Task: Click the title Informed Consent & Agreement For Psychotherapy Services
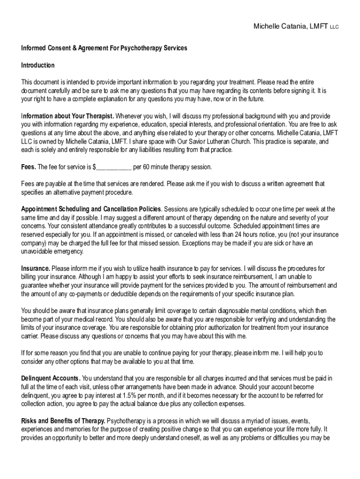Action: tap(104, 48)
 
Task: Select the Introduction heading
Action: tap(38, 65)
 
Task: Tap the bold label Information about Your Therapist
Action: tap(68, 116)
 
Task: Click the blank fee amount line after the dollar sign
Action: tap(114, 167)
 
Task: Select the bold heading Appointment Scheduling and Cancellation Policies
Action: tap(91, 209)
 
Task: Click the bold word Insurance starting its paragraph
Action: tap(36, 269)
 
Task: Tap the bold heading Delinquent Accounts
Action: tap(50, 378)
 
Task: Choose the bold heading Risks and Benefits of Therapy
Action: tap(63, 421)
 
